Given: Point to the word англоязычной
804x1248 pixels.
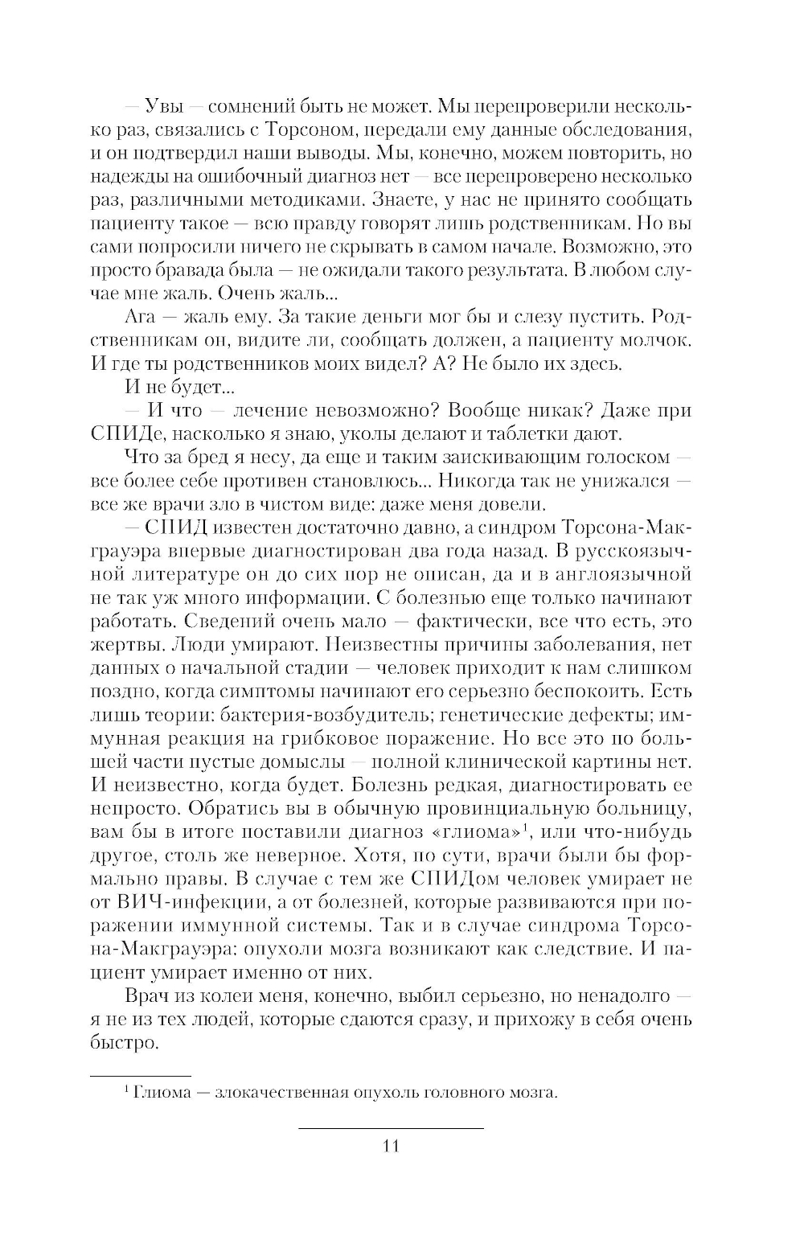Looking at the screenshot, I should pos(625,575).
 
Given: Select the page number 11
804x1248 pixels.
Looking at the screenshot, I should pos(392,1147).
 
